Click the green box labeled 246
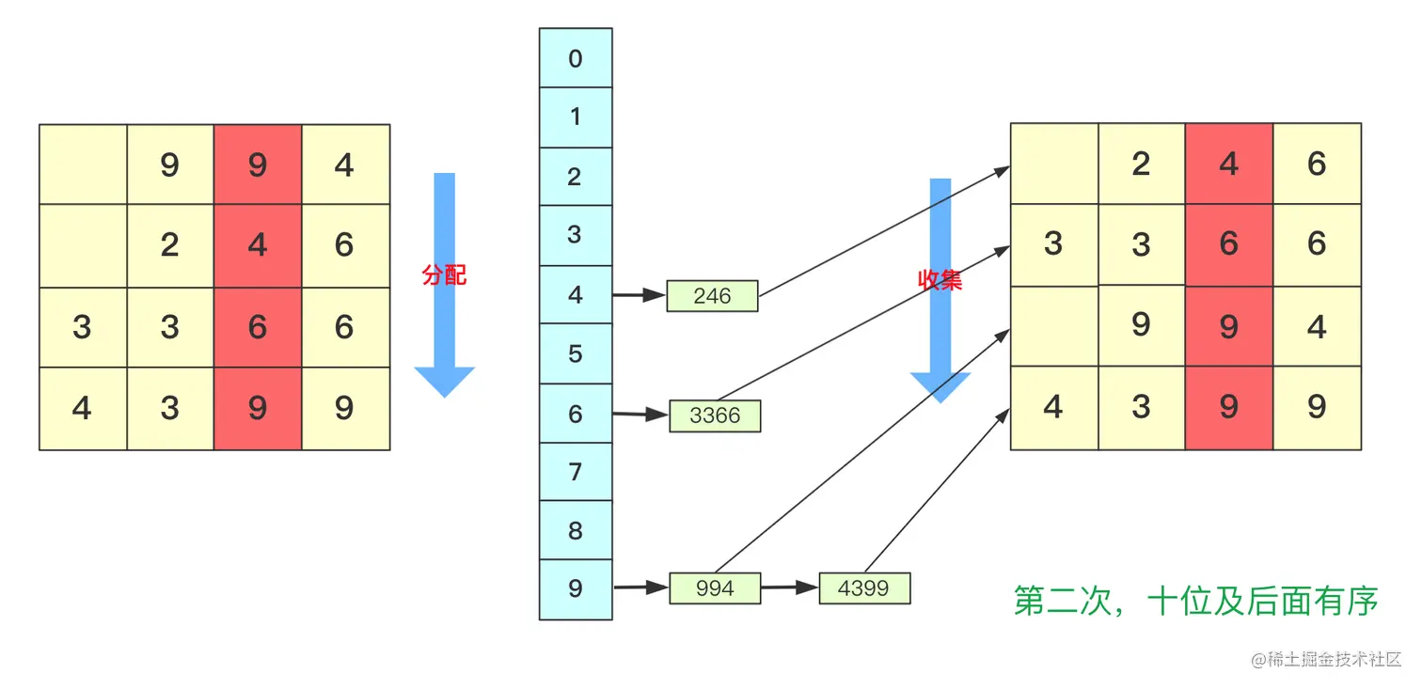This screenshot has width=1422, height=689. [x=712, y=296]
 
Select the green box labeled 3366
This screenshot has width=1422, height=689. [x=715, y=415]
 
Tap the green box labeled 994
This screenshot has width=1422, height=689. [x=715, y=588]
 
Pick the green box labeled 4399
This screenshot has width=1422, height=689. [x=864, y=588]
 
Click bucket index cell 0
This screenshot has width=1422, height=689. [x=576, y=58]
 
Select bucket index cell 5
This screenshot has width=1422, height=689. [x=576, y=354]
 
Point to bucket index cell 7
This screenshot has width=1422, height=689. [x=576, y=472]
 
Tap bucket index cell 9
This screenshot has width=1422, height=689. [x=576, y=589]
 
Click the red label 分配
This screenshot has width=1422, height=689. [x=444, y=275]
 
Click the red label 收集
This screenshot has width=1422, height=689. [x=940, y=279]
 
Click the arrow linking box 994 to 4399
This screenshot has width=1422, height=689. [x=789, y=588]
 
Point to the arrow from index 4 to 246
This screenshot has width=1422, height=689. [x=640, y=296]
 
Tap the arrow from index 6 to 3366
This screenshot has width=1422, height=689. [x=640, y=414]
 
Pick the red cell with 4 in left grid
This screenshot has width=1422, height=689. [x=258, y=245]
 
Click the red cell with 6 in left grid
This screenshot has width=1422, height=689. [x=258, y=327]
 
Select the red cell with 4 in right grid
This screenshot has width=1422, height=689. [x=1229, y=164]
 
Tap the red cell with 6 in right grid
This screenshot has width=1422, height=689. [x=1229, y=243]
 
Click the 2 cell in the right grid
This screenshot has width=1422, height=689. [x=1141, y=164]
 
